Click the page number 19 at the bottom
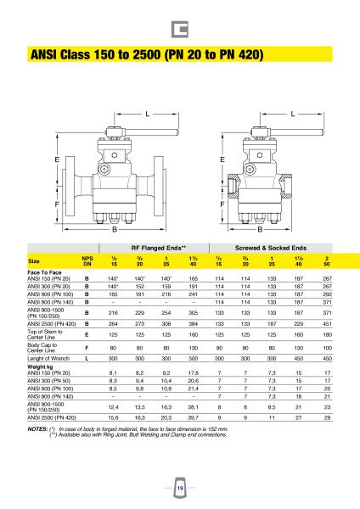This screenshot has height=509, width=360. click(180, 488)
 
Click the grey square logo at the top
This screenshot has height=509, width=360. click(180, 30)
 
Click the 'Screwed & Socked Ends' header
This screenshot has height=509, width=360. click(271, 248)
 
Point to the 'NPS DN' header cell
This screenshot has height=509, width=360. click(87, 261)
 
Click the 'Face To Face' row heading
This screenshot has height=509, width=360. click(44, 272)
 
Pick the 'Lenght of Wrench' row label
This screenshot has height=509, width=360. click(48, 358)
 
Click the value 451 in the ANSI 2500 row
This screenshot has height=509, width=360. click(328, 324)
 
